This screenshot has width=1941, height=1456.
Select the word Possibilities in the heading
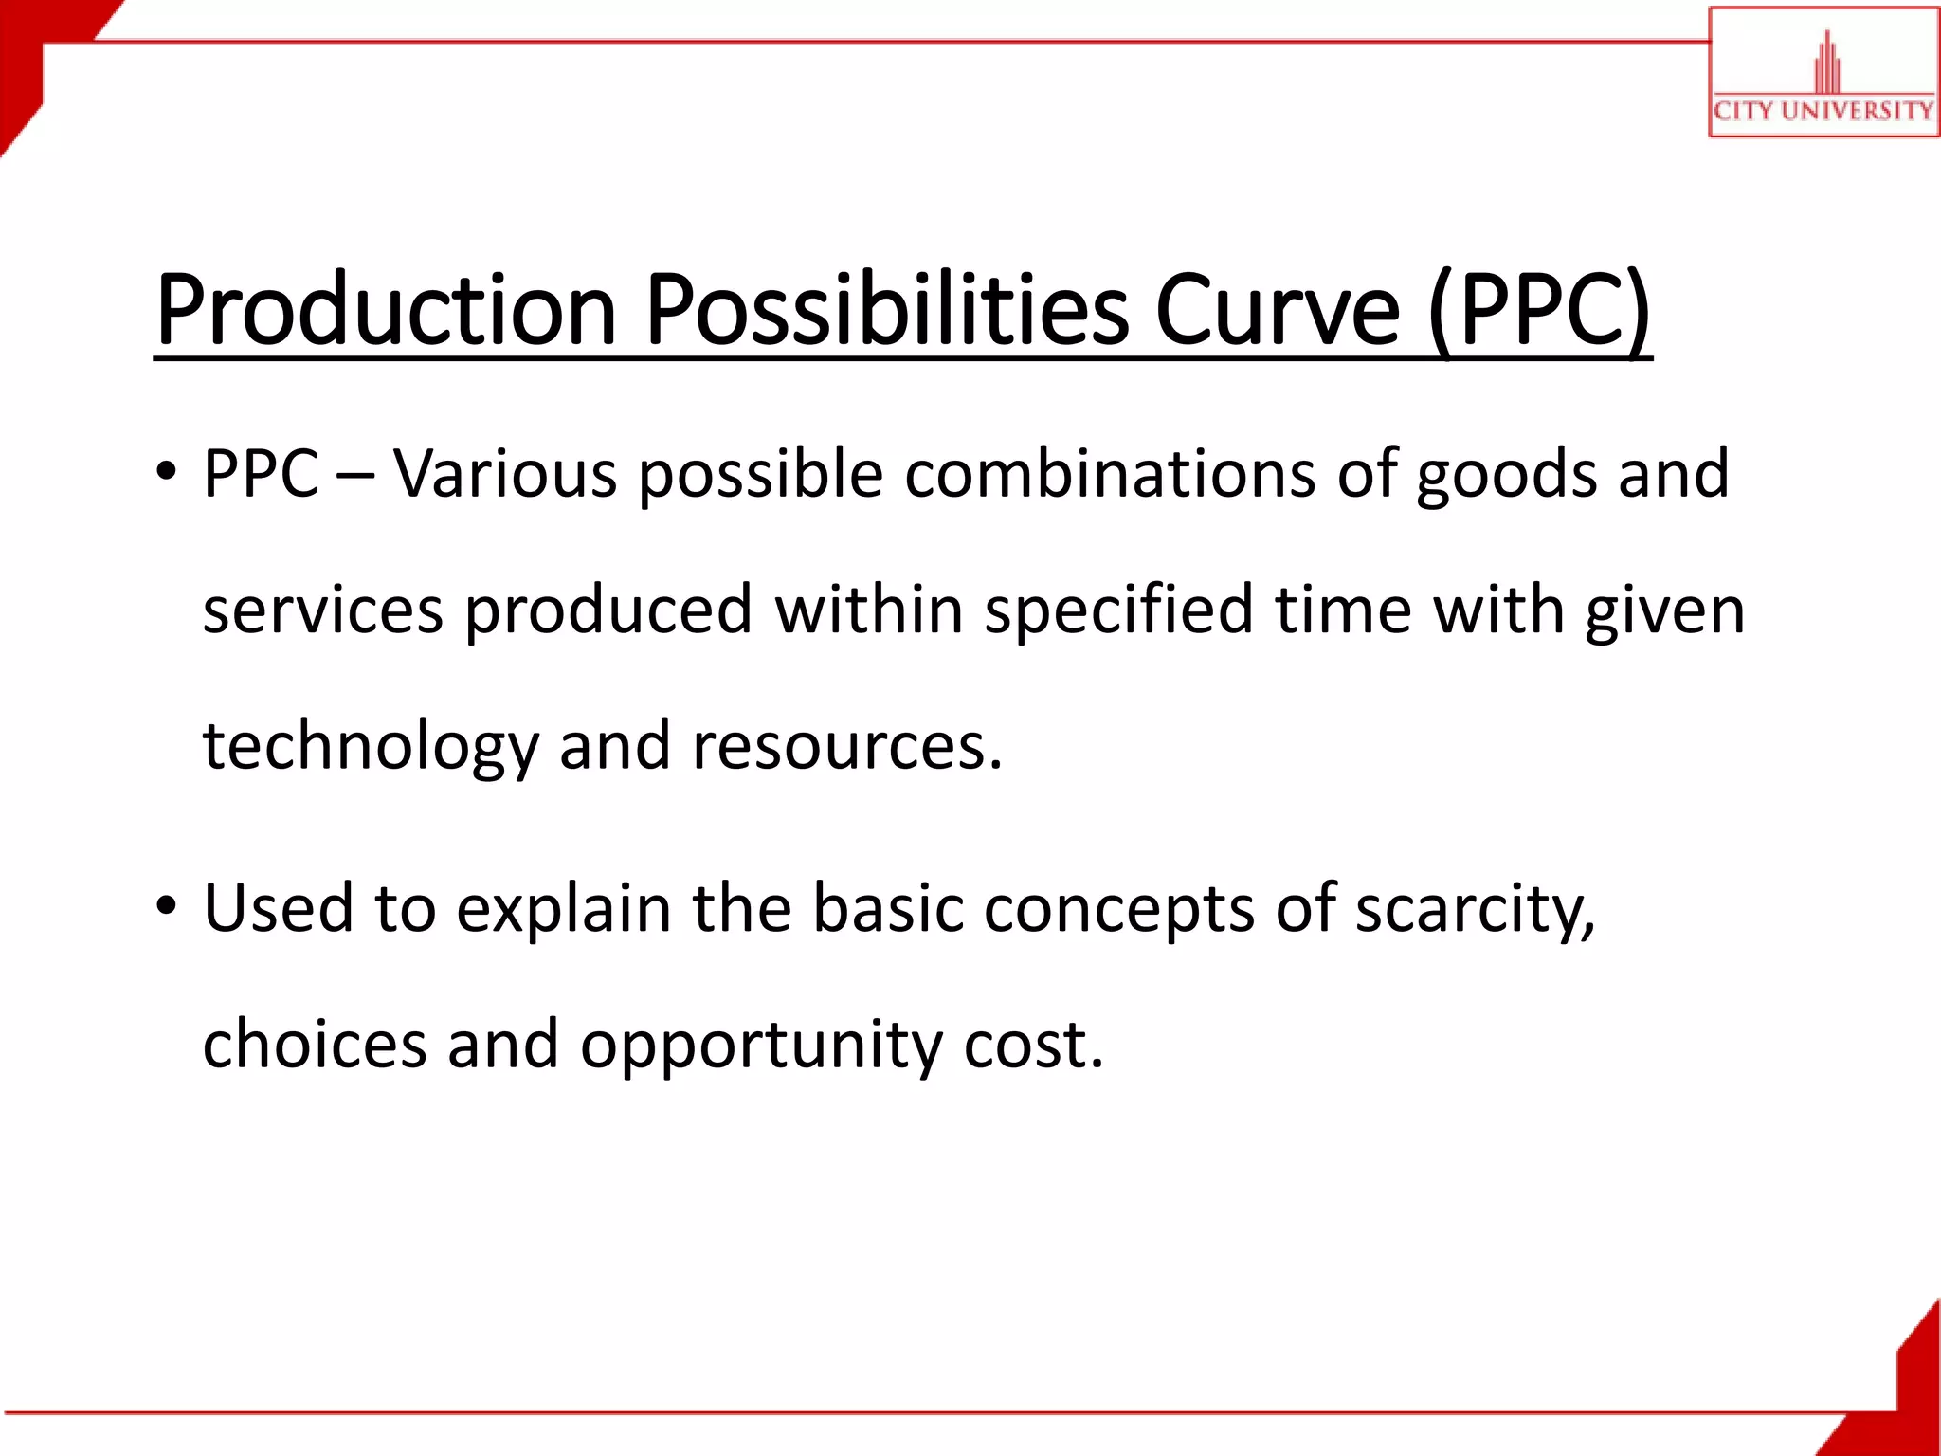887,311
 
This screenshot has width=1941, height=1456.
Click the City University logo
1823,74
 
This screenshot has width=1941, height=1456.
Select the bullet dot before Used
167,907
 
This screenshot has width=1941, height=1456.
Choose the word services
323,609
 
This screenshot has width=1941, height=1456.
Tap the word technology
371,747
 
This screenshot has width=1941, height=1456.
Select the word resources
845,747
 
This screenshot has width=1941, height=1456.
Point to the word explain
564,909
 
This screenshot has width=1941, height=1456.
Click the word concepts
1118,909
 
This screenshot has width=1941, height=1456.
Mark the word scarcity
1475,909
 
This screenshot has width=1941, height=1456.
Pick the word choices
315,1044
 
